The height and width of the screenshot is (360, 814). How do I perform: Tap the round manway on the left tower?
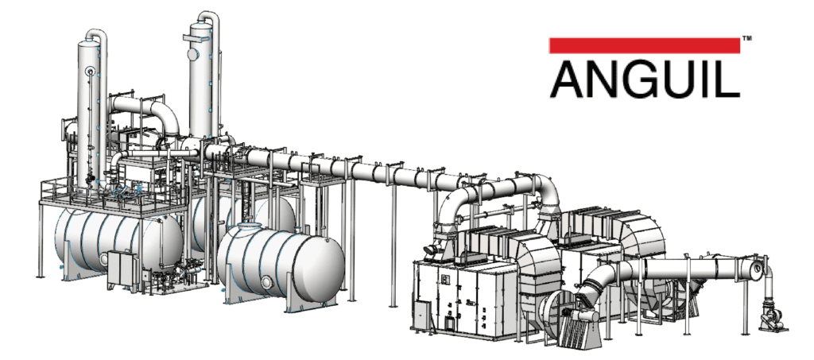click(x=92, y=72)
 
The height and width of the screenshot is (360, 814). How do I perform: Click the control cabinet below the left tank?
click(x=123, y=270)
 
